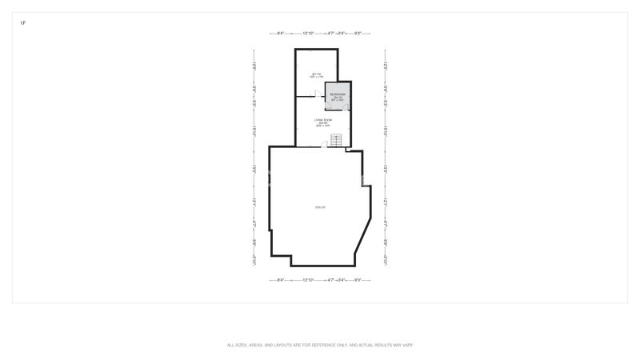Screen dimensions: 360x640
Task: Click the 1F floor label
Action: (23, 23)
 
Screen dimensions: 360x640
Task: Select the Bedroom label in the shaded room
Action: (338, 95)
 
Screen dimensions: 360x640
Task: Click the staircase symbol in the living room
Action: (337, 141)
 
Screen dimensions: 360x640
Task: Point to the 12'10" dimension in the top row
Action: (309, 34)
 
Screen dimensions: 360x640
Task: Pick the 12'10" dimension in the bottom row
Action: (309, 280)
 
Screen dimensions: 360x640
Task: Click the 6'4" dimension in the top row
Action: (282, 34)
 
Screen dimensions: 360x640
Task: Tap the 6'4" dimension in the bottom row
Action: (282, 280)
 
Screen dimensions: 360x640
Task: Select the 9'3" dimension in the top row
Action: (357, 34)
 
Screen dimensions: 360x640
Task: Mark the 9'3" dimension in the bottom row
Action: (357, 280)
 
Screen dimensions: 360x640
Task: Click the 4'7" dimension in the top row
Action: (331, 34)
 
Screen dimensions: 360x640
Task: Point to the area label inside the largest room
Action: (320, 208)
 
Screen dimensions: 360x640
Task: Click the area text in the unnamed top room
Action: (315, 75)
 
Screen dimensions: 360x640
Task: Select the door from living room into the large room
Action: (324, 145)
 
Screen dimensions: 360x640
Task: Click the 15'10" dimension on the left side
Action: (254, 130)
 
